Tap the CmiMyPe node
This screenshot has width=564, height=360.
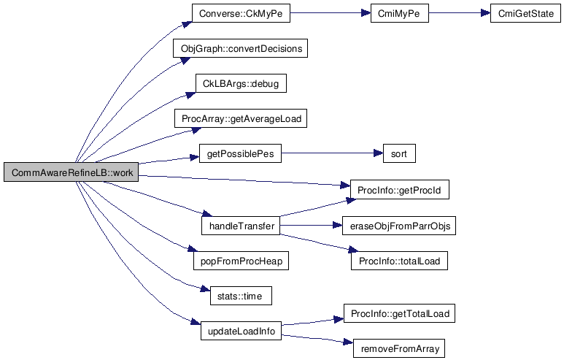tap(399, 14)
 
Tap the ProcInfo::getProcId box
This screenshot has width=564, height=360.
tap(399, 191)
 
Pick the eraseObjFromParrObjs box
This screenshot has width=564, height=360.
tap(399, 226)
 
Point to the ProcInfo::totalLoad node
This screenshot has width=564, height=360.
tap(399, 261)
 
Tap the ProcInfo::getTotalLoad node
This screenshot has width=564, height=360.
tap(399, 314)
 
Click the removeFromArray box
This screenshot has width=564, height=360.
tap(399, 349)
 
